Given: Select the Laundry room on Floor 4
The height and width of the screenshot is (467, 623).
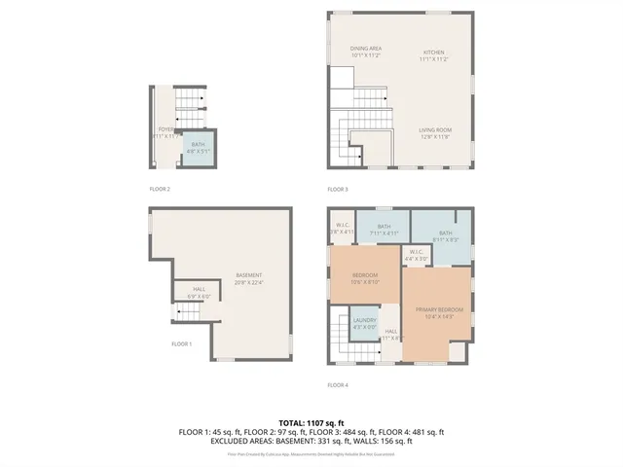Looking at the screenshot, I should (x=365, y=323).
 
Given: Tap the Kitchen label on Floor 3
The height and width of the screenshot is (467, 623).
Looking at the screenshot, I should (x=433, y=55).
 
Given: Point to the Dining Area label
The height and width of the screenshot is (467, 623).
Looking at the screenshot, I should (x=366, y=52).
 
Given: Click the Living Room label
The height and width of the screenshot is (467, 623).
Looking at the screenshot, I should (x=433, y=132).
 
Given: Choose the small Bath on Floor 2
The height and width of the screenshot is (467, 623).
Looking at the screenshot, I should (x=198, y=148).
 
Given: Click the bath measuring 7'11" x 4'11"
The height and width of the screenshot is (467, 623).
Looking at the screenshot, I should (x=384, y=230).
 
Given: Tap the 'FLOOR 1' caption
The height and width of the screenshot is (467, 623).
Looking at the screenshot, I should (x=182, y=343).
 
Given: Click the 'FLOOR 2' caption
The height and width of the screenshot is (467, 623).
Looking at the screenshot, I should (x=160, y=189).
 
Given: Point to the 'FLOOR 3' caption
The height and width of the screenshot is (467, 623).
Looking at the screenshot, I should (x=337, y=189).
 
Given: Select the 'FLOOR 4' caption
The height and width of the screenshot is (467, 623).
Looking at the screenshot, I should (x=337, y=384).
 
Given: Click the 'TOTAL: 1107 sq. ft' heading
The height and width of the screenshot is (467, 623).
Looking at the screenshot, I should (x=311, y=422).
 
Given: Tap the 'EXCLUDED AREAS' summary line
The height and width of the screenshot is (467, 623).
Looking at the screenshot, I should (x=311, y=441).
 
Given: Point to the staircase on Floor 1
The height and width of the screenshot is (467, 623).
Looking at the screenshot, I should (x=188, y=311).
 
